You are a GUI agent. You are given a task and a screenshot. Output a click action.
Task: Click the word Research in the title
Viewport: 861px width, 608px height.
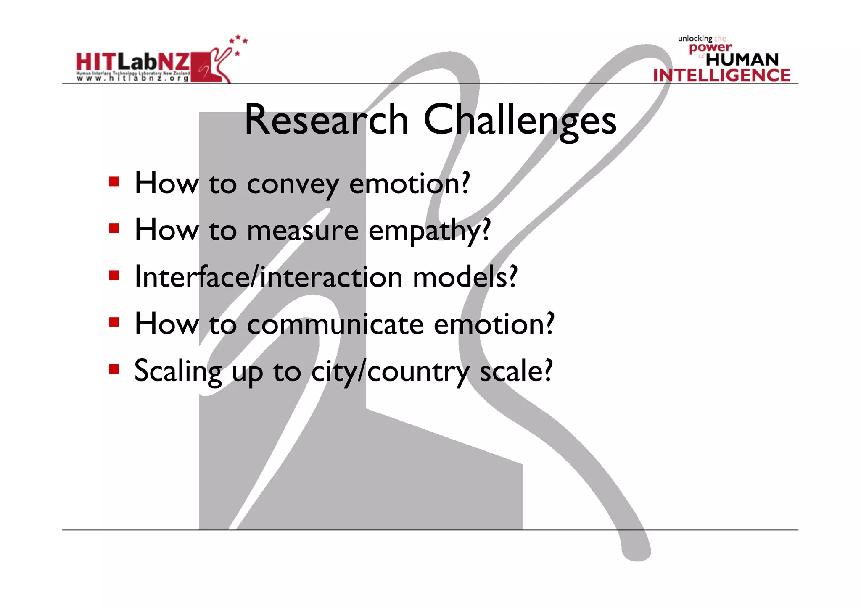[326, 120]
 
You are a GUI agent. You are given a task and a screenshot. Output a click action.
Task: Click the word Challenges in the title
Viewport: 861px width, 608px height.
[520, 121]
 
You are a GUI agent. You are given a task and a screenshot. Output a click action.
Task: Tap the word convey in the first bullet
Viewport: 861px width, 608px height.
[293, 184]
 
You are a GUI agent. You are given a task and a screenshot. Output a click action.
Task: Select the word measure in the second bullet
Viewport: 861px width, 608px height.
[303, 231]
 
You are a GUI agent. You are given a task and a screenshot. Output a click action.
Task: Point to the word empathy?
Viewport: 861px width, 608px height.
[429, 232]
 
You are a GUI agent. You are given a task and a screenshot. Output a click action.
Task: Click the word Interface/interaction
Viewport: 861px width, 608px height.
[268, 277]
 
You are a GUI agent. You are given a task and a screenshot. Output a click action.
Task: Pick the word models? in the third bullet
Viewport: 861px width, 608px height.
[465, 277]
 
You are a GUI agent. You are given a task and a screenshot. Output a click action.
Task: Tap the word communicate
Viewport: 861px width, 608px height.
[335, 324]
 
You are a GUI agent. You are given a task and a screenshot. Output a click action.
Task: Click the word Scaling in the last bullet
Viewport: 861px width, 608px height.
[178, 372]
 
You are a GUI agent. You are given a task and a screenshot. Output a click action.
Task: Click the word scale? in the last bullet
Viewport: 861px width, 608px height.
[516, 371]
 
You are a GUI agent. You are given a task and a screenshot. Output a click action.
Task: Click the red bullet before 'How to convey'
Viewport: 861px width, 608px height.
[114, 182]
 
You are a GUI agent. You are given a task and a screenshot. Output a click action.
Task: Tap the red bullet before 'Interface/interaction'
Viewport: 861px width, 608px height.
[114, 275]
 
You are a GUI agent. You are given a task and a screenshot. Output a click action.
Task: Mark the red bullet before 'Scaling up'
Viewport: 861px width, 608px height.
[114, 369]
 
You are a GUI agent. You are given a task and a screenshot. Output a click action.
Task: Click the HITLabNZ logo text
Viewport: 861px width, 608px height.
[133, 62]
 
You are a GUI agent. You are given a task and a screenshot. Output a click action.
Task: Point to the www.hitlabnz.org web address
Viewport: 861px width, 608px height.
[132, 79]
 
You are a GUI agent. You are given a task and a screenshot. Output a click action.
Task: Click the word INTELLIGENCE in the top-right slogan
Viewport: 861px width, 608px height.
[721, 75]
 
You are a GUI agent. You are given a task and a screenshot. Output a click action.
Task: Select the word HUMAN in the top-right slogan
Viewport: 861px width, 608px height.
[742, 60]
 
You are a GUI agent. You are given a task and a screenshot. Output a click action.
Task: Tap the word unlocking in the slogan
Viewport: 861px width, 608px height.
[695, 39]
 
